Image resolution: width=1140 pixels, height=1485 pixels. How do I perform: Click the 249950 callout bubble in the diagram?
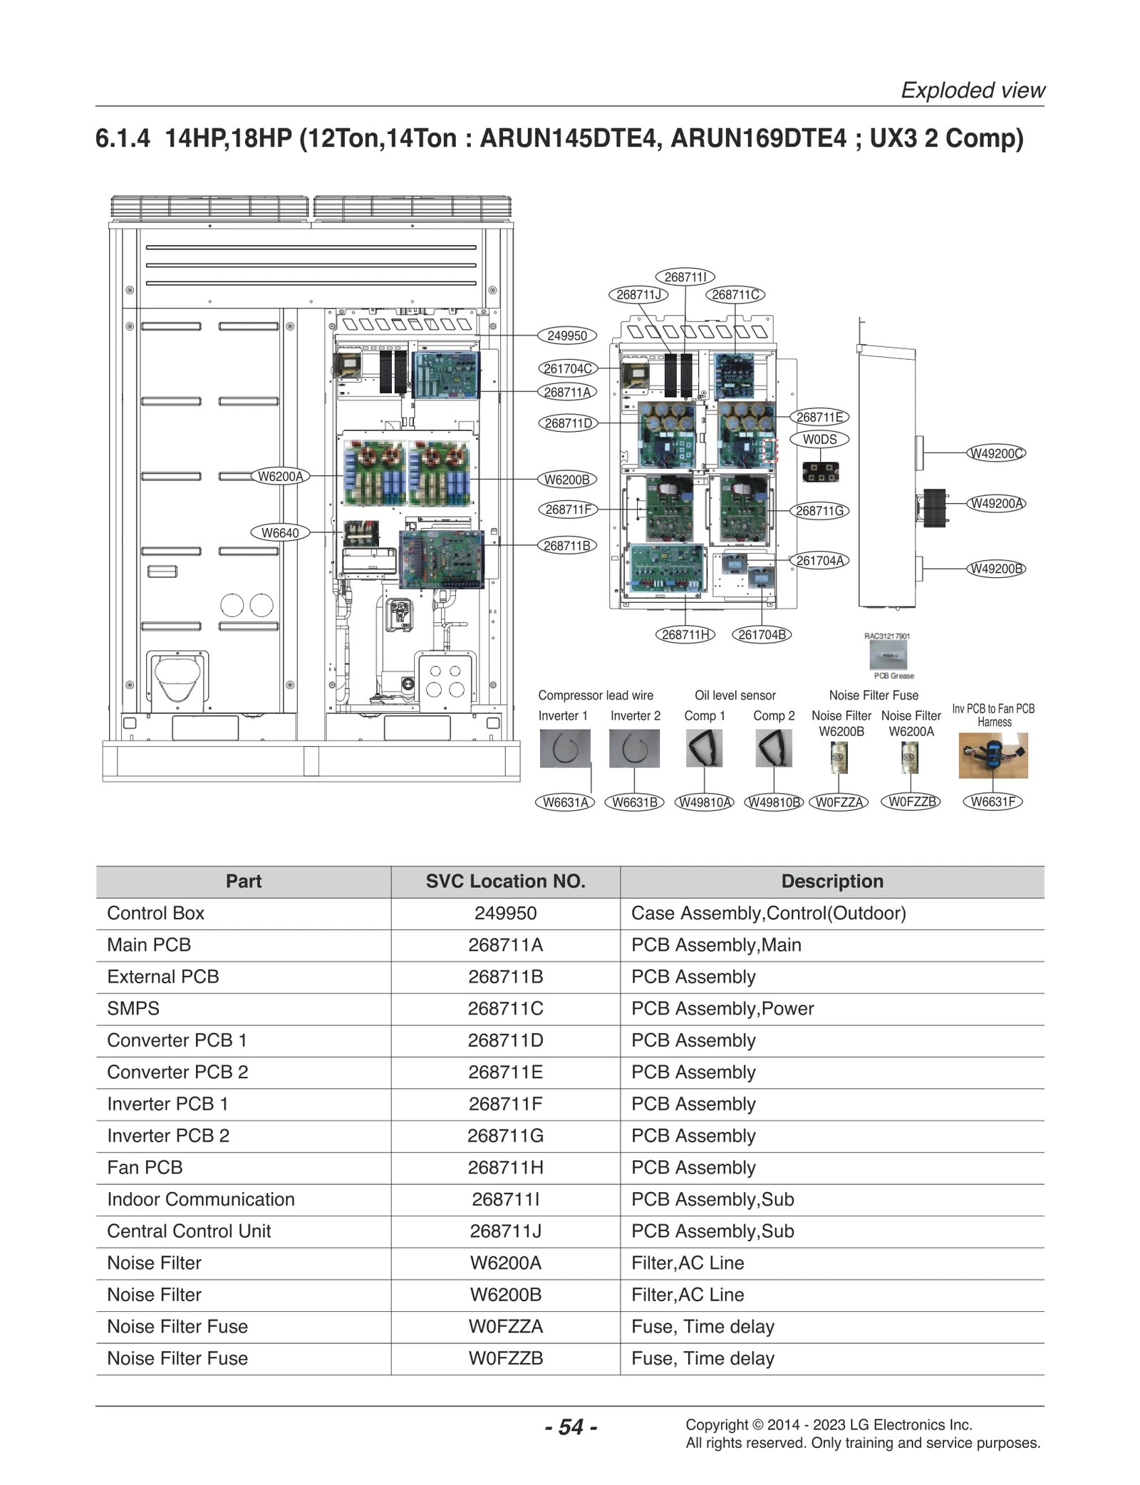tap(566, 336)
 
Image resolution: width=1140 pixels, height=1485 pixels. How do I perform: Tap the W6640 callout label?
tap(280, 532)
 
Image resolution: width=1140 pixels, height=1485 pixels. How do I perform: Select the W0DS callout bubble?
tap(819, 439)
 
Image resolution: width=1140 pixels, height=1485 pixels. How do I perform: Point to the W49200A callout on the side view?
tap(997, 503)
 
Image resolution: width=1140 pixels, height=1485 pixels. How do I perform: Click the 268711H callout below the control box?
tap(685, 634)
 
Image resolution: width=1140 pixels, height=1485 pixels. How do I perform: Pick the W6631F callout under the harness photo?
tap(993, 801)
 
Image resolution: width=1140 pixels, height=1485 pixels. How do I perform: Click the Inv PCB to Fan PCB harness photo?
tap(993, 756)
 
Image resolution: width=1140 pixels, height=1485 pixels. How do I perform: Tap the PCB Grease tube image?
tap(888, 654)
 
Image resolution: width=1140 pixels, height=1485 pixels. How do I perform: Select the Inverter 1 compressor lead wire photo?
tap(564, 748)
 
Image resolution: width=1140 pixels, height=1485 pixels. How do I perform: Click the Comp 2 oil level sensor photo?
tap(773, 748)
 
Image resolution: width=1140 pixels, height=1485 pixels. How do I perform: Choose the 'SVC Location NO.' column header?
tap(505, 881)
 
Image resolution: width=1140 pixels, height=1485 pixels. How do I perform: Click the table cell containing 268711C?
tap(505, 1008)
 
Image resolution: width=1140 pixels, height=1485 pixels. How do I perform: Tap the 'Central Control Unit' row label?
tap(189, 1231)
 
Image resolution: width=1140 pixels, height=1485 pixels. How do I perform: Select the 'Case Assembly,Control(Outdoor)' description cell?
tap(768, 913)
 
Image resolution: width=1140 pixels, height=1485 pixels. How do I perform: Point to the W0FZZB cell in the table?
tap(505, 1358)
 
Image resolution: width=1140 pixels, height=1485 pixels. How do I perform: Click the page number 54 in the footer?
tap(571, 1427)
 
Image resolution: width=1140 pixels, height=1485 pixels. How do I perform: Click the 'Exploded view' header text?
tap(973, 90)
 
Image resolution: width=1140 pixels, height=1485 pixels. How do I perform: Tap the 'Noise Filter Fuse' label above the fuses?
tap(874, 695)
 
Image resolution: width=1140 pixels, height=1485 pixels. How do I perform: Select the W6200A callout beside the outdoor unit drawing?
tap(280, 476)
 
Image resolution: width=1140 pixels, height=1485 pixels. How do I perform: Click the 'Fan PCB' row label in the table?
tap(145, 1167)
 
